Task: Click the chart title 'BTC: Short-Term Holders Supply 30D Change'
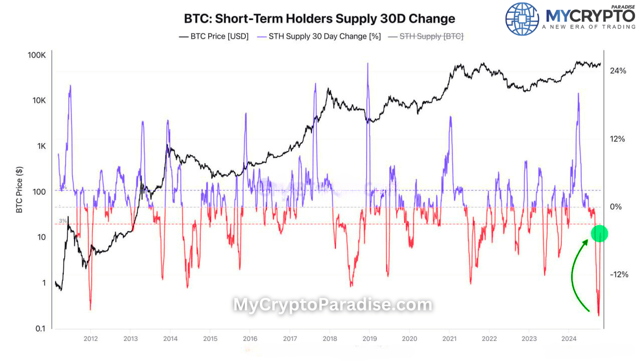tap(320, 19)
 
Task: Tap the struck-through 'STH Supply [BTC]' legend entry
tap(425, 36)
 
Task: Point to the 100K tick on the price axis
tap(37, 55)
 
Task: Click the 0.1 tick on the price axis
tap(40, 328)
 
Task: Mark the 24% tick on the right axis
tap(617, 71)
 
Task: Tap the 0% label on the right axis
tap(617, 207)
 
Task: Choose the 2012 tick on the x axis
tap(90, 339)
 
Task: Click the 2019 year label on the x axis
tap(369, 339)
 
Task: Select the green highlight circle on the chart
tap(599, 233)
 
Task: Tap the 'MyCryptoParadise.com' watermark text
tap(333, 304)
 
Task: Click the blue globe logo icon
tap(522, 19)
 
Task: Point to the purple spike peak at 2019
tap(368, 64)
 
